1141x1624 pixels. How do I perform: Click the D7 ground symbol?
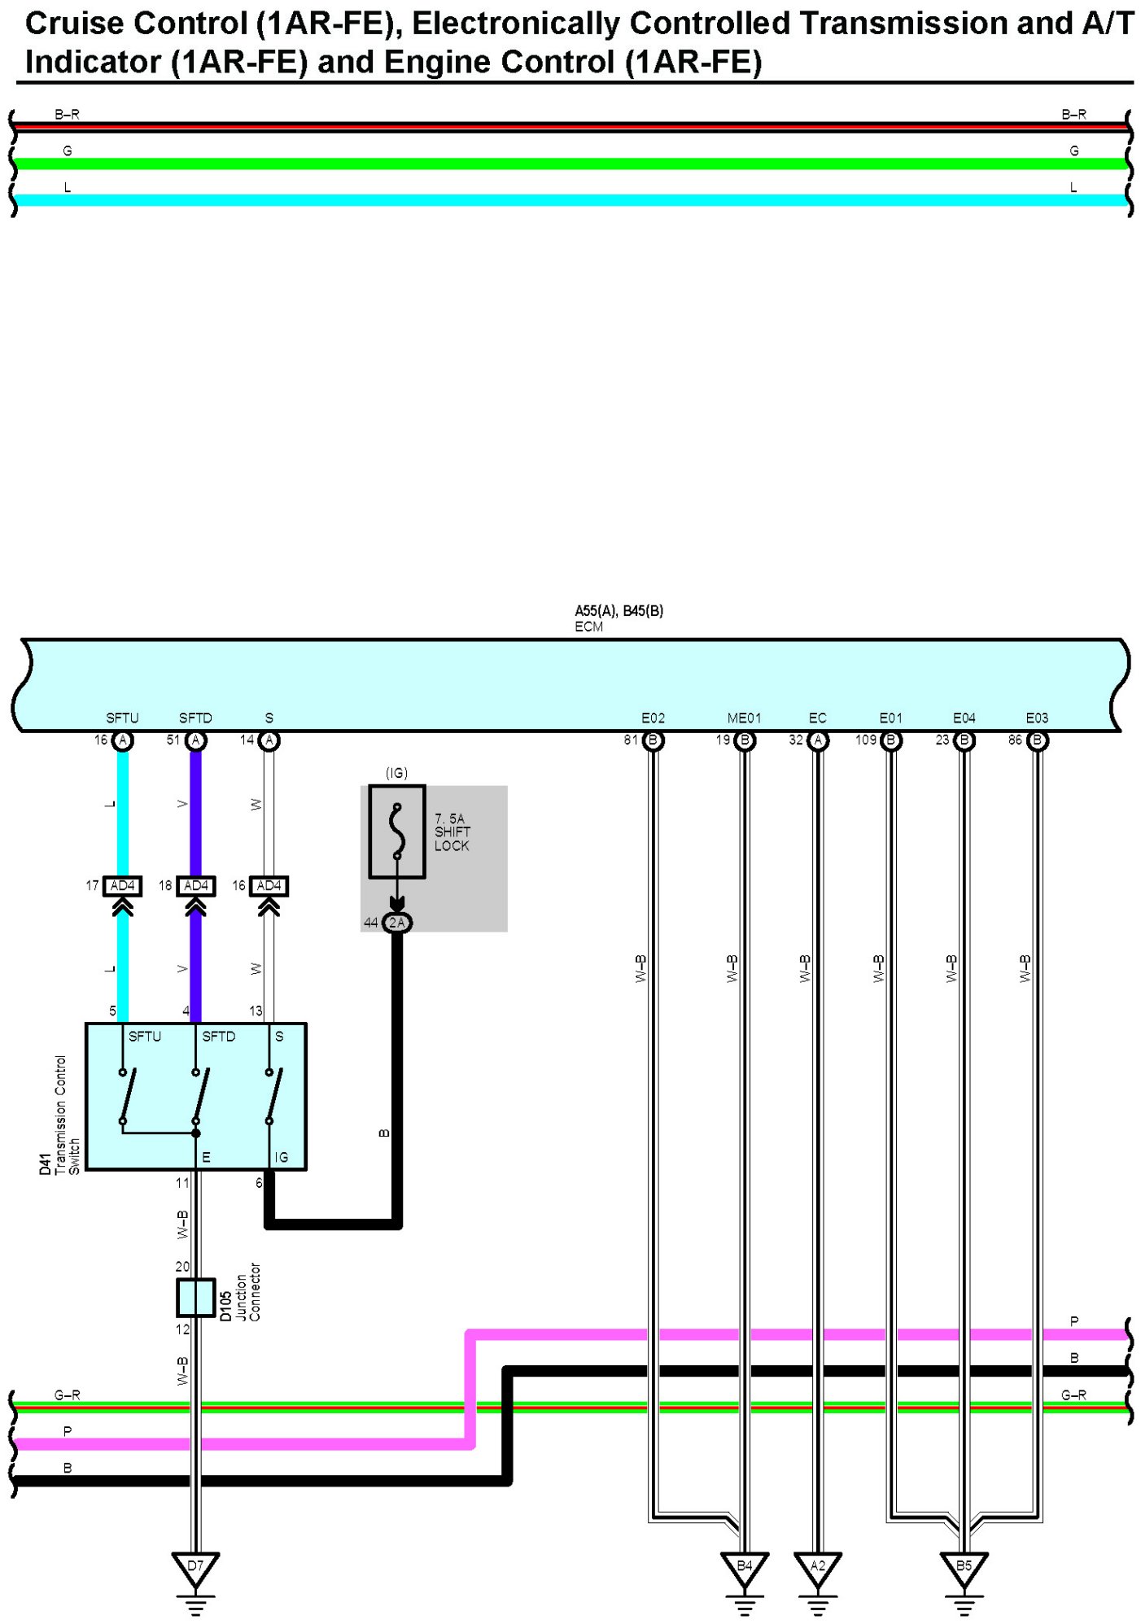195,1569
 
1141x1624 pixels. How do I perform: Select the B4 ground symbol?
744,1569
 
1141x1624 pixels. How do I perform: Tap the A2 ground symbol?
817,1569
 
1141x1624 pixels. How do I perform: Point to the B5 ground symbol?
964,1569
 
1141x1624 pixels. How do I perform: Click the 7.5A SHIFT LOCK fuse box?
397,831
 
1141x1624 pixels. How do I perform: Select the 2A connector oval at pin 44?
397,922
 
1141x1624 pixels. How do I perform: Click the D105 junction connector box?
195,1297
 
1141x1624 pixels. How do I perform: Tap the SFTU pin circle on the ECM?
123,740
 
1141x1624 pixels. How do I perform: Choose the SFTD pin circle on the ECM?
195,740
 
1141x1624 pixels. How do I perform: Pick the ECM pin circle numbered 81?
654,740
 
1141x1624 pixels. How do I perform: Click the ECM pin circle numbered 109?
891,740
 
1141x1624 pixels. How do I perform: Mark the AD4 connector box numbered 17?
123,885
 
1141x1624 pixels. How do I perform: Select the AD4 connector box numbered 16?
269,885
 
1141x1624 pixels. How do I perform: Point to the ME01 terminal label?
744,718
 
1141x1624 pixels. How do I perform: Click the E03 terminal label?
1037,718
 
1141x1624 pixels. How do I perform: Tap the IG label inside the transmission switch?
281,1157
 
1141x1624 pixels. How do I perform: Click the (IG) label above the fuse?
396,773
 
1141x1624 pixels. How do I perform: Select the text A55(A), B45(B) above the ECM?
619,611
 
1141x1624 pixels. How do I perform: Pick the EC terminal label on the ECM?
817,718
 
